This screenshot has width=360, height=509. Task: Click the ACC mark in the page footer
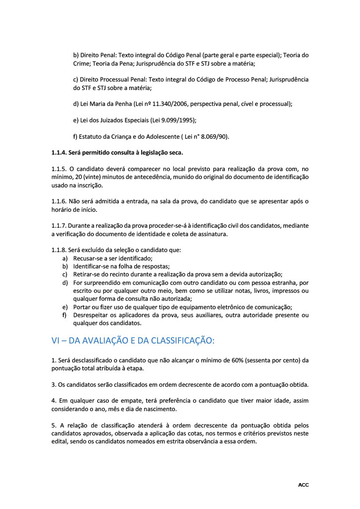[303, 485]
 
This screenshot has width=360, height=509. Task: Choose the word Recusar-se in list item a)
[88, 258]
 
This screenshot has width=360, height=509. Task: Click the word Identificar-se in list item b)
[91, 266]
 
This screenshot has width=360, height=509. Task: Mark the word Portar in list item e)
[82, 307]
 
